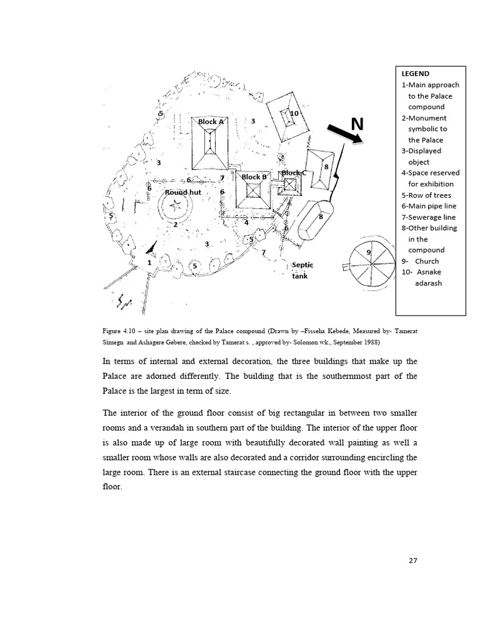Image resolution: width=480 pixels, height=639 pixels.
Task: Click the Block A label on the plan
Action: pyautogui.click(x=211, y=122)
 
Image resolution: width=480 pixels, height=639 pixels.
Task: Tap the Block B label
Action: pyautogui.click(x=254, y=177)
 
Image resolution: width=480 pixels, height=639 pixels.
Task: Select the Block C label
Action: pyautogui.click(x=294, y=173)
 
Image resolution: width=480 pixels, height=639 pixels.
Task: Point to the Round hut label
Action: pyautogui.click(x=182, y=193)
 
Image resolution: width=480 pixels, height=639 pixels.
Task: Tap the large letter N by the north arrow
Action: pyautogui.click(x=357, y=125)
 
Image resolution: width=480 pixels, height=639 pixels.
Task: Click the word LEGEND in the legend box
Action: pyautogui.click(x=415, y=74)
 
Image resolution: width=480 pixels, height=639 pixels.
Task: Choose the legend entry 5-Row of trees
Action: pyautogui.click(x=426, y=195)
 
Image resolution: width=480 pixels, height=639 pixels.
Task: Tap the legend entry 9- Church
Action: pyautogui.click(x=420, y=261)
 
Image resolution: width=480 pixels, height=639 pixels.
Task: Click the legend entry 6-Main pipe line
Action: pyautogui.click(x=429, y=207)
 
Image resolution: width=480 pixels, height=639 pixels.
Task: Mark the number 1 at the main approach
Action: pyautogui.click(x=149, y=263)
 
